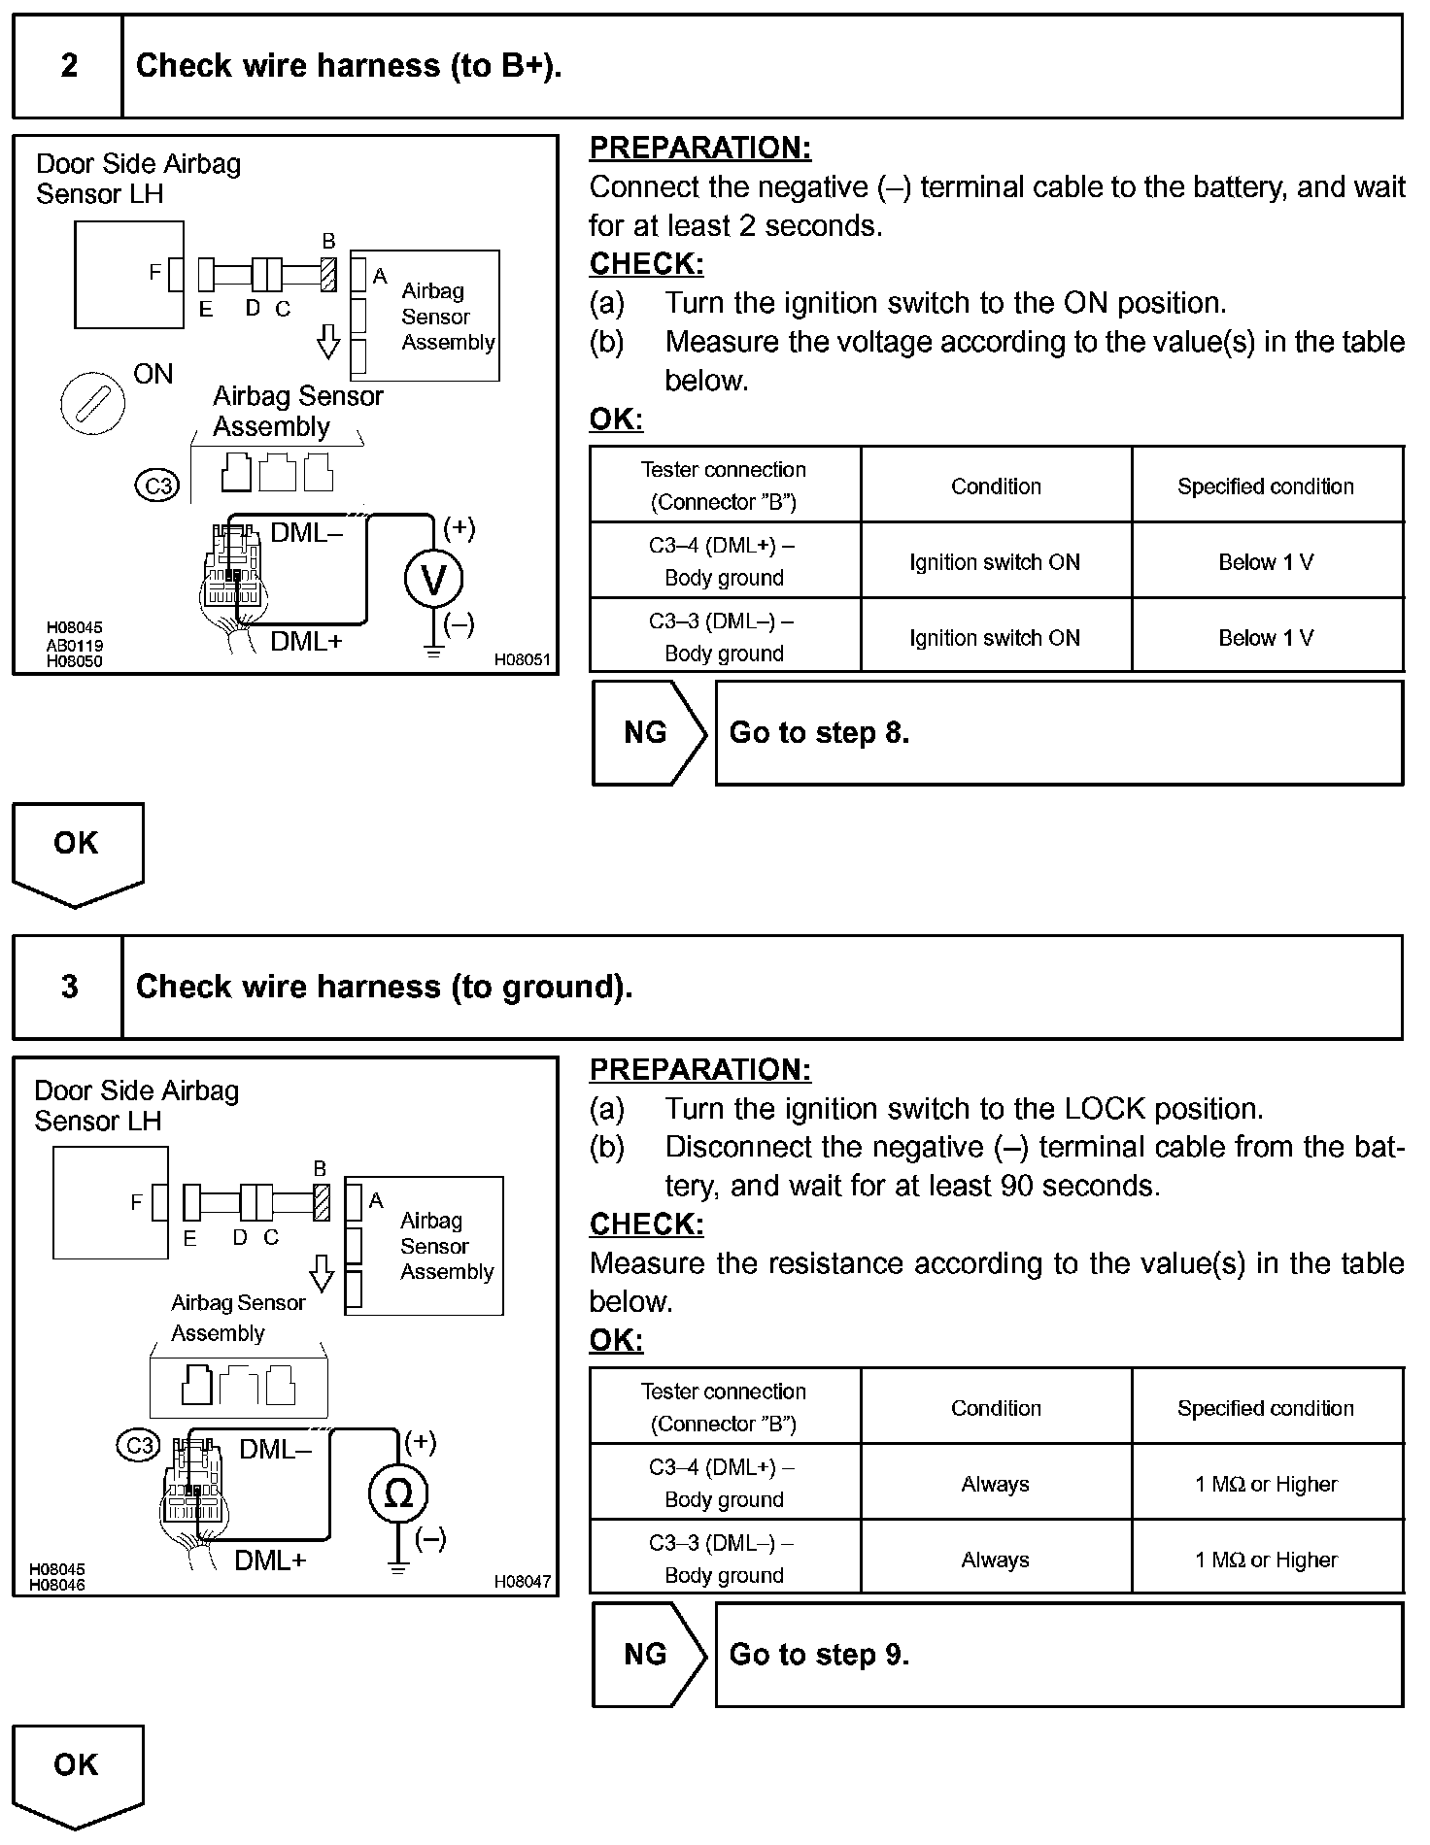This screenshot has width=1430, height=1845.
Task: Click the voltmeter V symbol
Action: coord(433,579)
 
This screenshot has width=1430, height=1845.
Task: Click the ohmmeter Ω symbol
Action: coord(397,1493)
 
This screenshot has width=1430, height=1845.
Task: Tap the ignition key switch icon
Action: coord(93,404)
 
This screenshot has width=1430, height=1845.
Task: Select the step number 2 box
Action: coord(69,66)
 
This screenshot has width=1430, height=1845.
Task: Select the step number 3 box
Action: coord(69,987)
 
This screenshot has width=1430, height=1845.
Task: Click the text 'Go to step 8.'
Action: coord(819,732)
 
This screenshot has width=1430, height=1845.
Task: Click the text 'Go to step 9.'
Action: coord(819,1654)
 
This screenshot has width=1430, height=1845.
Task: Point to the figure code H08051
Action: coord(522,660)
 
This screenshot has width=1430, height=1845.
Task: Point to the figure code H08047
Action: coord(522,1582)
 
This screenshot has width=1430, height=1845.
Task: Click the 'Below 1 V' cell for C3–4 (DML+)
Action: coord(1266,561)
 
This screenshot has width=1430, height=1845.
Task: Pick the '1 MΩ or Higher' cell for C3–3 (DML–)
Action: coord(1266,1560)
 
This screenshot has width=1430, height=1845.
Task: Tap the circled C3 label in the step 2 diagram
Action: coord(157,485)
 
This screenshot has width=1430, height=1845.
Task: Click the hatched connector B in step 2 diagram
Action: coord(328,273)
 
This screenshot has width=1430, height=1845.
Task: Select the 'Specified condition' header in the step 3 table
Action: coord(1266,1408)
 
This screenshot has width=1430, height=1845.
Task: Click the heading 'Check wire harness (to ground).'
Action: coord(384,987)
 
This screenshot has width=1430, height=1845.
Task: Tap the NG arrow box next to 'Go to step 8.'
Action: coord(647,732)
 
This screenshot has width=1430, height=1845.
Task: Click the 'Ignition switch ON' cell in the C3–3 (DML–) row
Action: coord(995,638)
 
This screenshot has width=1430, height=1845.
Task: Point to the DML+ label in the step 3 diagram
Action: coord(270,1560)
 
